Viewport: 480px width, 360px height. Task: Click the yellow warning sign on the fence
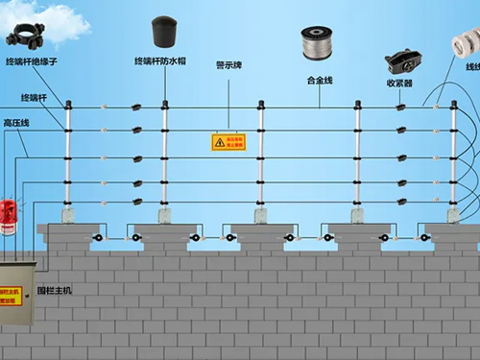[x=228, y=142]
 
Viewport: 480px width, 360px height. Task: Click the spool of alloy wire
[x=320, y=44]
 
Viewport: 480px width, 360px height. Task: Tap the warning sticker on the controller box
[x=12, y=294]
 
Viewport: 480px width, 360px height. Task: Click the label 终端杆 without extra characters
[x=32, y=98]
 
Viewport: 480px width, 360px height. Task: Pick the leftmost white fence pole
[x=68, y=163]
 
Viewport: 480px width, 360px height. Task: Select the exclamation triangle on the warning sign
[x=220, y=142]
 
